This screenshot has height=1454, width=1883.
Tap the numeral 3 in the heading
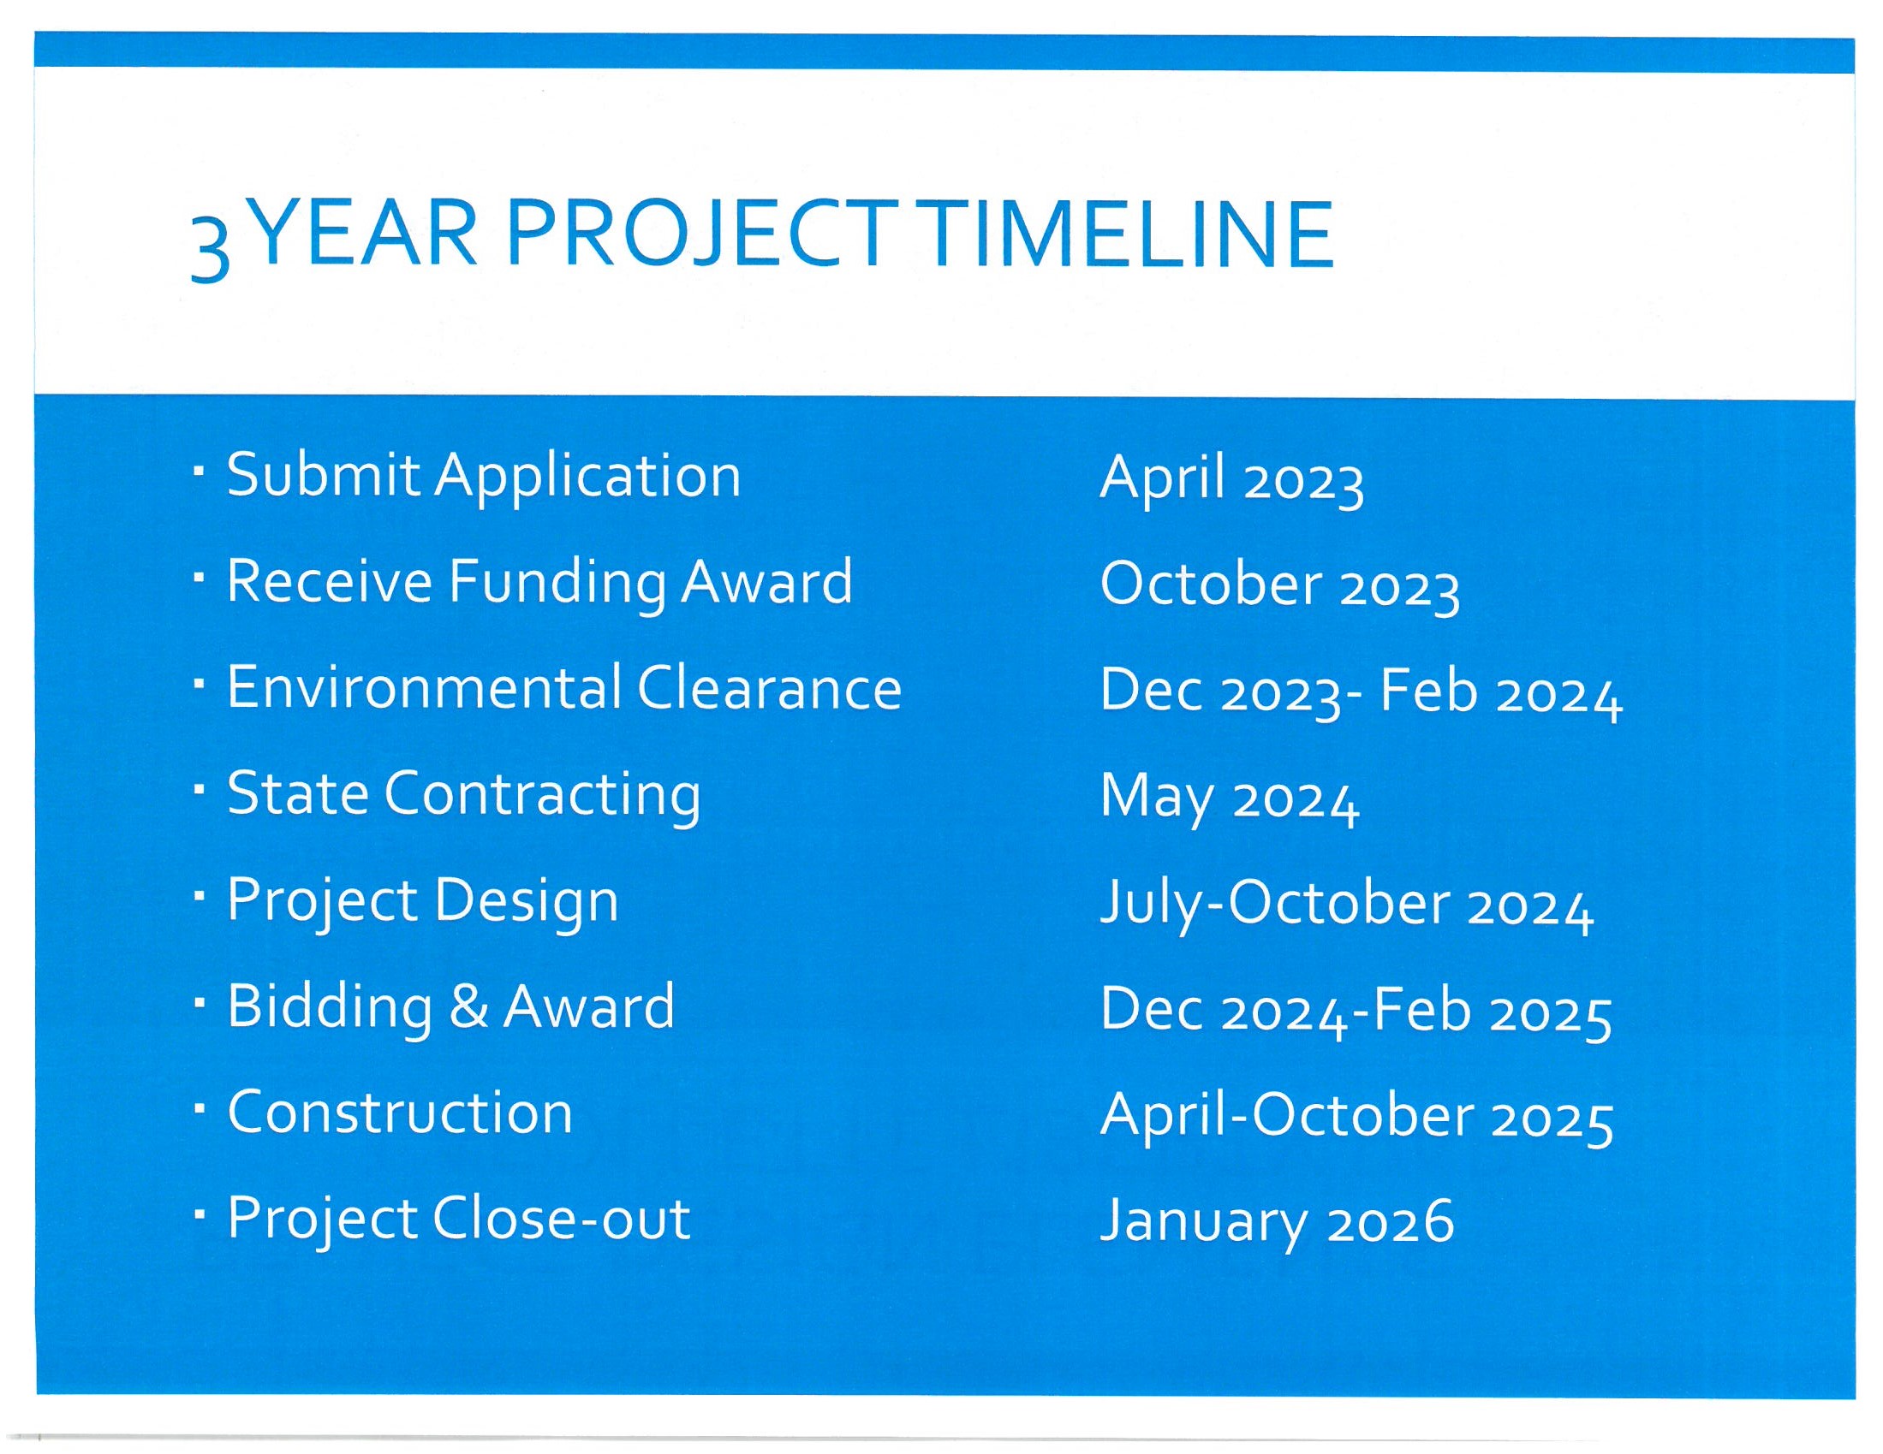coord(210,250)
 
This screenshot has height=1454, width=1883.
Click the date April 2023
coord(1232,479)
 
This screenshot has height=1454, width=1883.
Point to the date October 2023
coord(1280,585)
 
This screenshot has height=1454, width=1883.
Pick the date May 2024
coord(1230,798)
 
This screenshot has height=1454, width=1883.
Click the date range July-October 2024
coord(1348,904)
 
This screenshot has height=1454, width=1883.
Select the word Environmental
coord(424,688)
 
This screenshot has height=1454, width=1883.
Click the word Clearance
coord(769,688)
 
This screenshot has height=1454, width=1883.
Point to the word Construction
coord(400,1112)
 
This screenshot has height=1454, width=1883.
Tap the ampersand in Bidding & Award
coord(468,1006)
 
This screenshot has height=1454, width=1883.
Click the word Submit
coord(324,475)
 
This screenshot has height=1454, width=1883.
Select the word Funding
coord(557,583)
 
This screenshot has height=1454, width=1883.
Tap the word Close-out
coord(561,1219)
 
